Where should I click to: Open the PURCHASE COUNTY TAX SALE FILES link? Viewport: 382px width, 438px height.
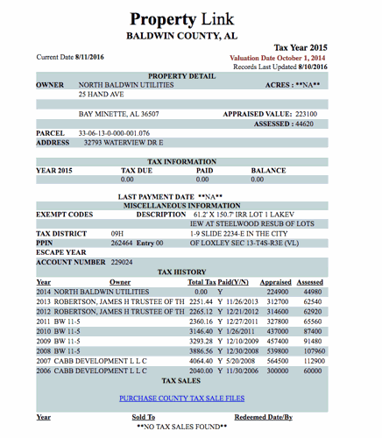(x=181, y=398)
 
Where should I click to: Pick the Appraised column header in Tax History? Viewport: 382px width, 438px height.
(x=276, y=282)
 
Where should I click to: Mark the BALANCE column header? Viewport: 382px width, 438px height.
(x=268, y=170)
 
